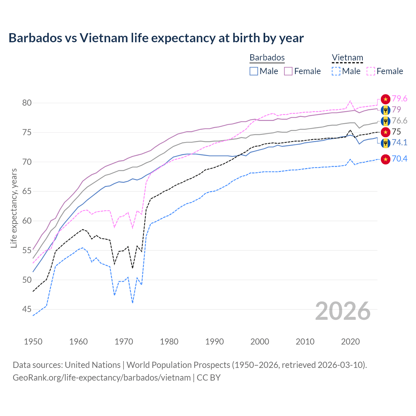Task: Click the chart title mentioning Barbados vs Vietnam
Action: (156, 38)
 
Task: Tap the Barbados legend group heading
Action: (267, 58)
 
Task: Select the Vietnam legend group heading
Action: (347, 58)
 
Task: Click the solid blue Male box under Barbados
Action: (254, 71)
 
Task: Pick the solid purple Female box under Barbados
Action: (289, 71)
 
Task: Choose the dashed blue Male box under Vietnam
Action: (336, 71)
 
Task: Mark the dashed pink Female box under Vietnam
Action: (371, 71)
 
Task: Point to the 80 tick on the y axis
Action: (27, 103)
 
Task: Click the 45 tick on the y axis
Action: (27, 309)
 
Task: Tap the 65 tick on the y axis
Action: (27, 191)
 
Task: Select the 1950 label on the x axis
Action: (33, 342)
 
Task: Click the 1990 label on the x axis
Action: (214, 342)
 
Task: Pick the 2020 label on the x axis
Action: (350, 342)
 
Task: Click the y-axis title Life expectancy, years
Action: (14, 208)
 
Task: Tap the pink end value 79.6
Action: (399, 98)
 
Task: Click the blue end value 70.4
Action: (399, 159)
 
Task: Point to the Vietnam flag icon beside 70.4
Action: (385, 159)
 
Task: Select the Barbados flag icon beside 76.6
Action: (385, 121)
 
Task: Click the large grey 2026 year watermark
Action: (343, 311)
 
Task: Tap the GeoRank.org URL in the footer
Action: (101, 378)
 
